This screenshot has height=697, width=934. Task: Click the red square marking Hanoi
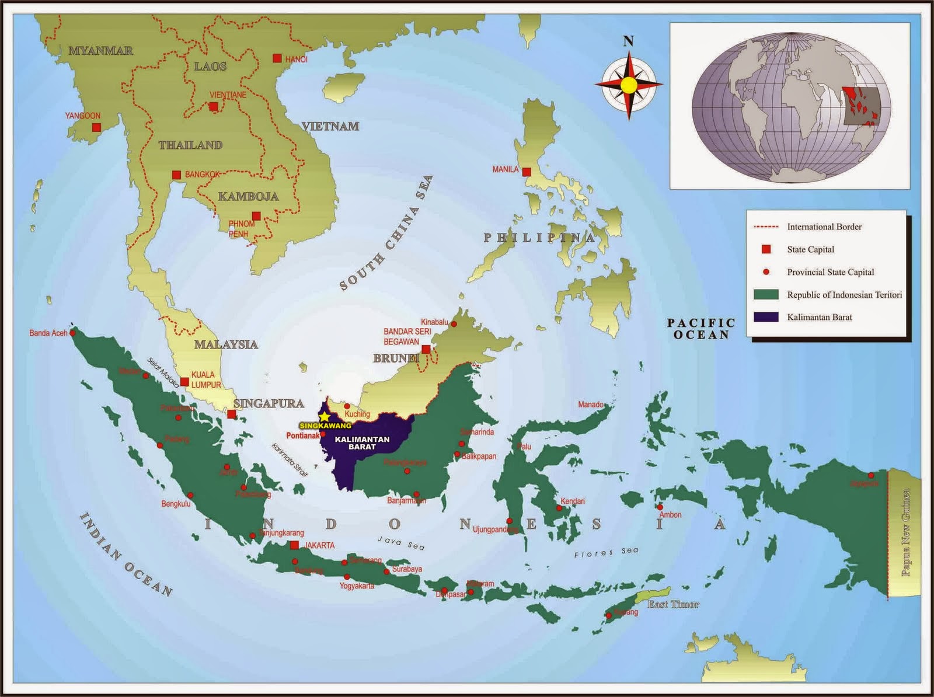(277, 58)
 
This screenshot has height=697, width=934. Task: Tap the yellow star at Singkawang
(325, 417)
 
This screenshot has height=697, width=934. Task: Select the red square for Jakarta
(295, 545)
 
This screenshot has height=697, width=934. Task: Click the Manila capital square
(527, 172)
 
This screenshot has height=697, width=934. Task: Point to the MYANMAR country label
(100, 51)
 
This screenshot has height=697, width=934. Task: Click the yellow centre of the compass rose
(629, 85)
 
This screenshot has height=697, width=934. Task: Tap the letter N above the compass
(628, 41)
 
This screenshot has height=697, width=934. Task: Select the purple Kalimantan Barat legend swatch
(766, 317)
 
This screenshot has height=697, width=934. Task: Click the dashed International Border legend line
(766, 226)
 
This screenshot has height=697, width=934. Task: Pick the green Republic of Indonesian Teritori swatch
(766, 295)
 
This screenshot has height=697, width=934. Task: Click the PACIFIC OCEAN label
(701, 329)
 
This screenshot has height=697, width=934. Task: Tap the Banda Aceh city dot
(73, 333)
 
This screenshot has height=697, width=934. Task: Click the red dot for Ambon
(660, 507)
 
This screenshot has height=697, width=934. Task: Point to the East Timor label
(672, 604)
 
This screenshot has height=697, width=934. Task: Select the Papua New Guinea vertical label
(906, 532)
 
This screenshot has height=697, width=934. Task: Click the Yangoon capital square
(96, 127)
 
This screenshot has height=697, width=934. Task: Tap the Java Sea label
(400, 542)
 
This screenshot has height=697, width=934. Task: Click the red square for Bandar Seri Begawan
(426, 349)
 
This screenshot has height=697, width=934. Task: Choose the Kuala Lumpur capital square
(184, 382)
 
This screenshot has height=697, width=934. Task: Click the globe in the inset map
(790, 106)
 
